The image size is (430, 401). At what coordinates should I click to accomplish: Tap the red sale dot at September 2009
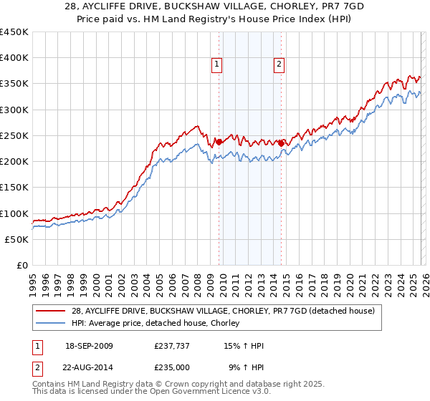click(219, 142)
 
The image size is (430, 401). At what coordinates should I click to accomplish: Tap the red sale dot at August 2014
click(281, 143)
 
